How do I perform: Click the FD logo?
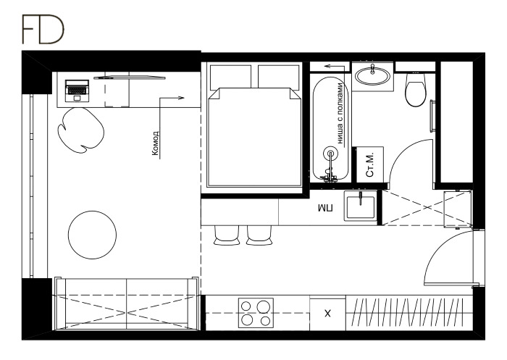point(43,29)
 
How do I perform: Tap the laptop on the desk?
point(77,91)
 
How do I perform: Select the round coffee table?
point(92,235)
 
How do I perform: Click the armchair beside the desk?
point(81,130)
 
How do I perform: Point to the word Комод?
point(156,143)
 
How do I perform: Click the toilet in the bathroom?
point(416,90)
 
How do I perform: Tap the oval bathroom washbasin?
point(372,76)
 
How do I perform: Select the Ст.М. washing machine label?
point(370,164)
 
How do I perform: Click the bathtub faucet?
point(330,166)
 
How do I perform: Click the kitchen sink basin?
point(360,206)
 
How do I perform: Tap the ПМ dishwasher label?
point(326,208)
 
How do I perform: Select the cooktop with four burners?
point(256,313)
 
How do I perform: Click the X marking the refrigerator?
point(327,313)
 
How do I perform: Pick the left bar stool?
point(227,235)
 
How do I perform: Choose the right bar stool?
point(259,235)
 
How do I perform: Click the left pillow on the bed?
point(230,77)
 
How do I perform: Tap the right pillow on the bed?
point(278,77)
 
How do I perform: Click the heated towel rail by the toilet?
point(432,116)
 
